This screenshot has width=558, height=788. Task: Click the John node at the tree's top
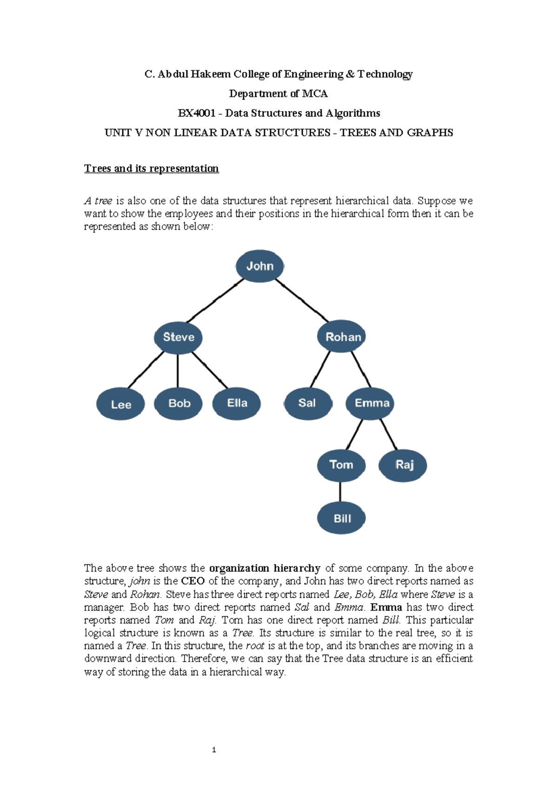(259, 266)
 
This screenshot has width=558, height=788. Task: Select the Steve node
(178, 337)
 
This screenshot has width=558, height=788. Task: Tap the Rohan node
(342, 336)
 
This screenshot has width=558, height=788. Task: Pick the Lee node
(120, 404)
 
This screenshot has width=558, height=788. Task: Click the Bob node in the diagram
(179, 403)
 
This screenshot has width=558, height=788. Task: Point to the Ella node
(237, 403)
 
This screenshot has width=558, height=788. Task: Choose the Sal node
(307, 403)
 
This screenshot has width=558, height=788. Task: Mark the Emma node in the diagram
(371, 403)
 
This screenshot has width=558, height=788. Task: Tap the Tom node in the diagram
(341, 465)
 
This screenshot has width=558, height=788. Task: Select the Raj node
(403, 465)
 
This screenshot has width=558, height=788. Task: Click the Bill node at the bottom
(341, 518)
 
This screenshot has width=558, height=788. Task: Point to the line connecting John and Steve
(215, 301)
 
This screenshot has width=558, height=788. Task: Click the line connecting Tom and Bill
(340, 492)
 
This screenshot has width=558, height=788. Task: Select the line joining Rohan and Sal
(320, 370)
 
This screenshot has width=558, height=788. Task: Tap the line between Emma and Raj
(389, 434)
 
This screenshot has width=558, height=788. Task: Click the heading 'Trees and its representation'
(151, 168)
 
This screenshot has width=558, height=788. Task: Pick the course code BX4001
(196, 113)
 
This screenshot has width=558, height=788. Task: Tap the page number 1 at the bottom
(213, 749)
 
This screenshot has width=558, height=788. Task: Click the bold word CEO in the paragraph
(193, 581)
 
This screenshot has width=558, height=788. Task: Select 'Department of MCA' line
(278, 94)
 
